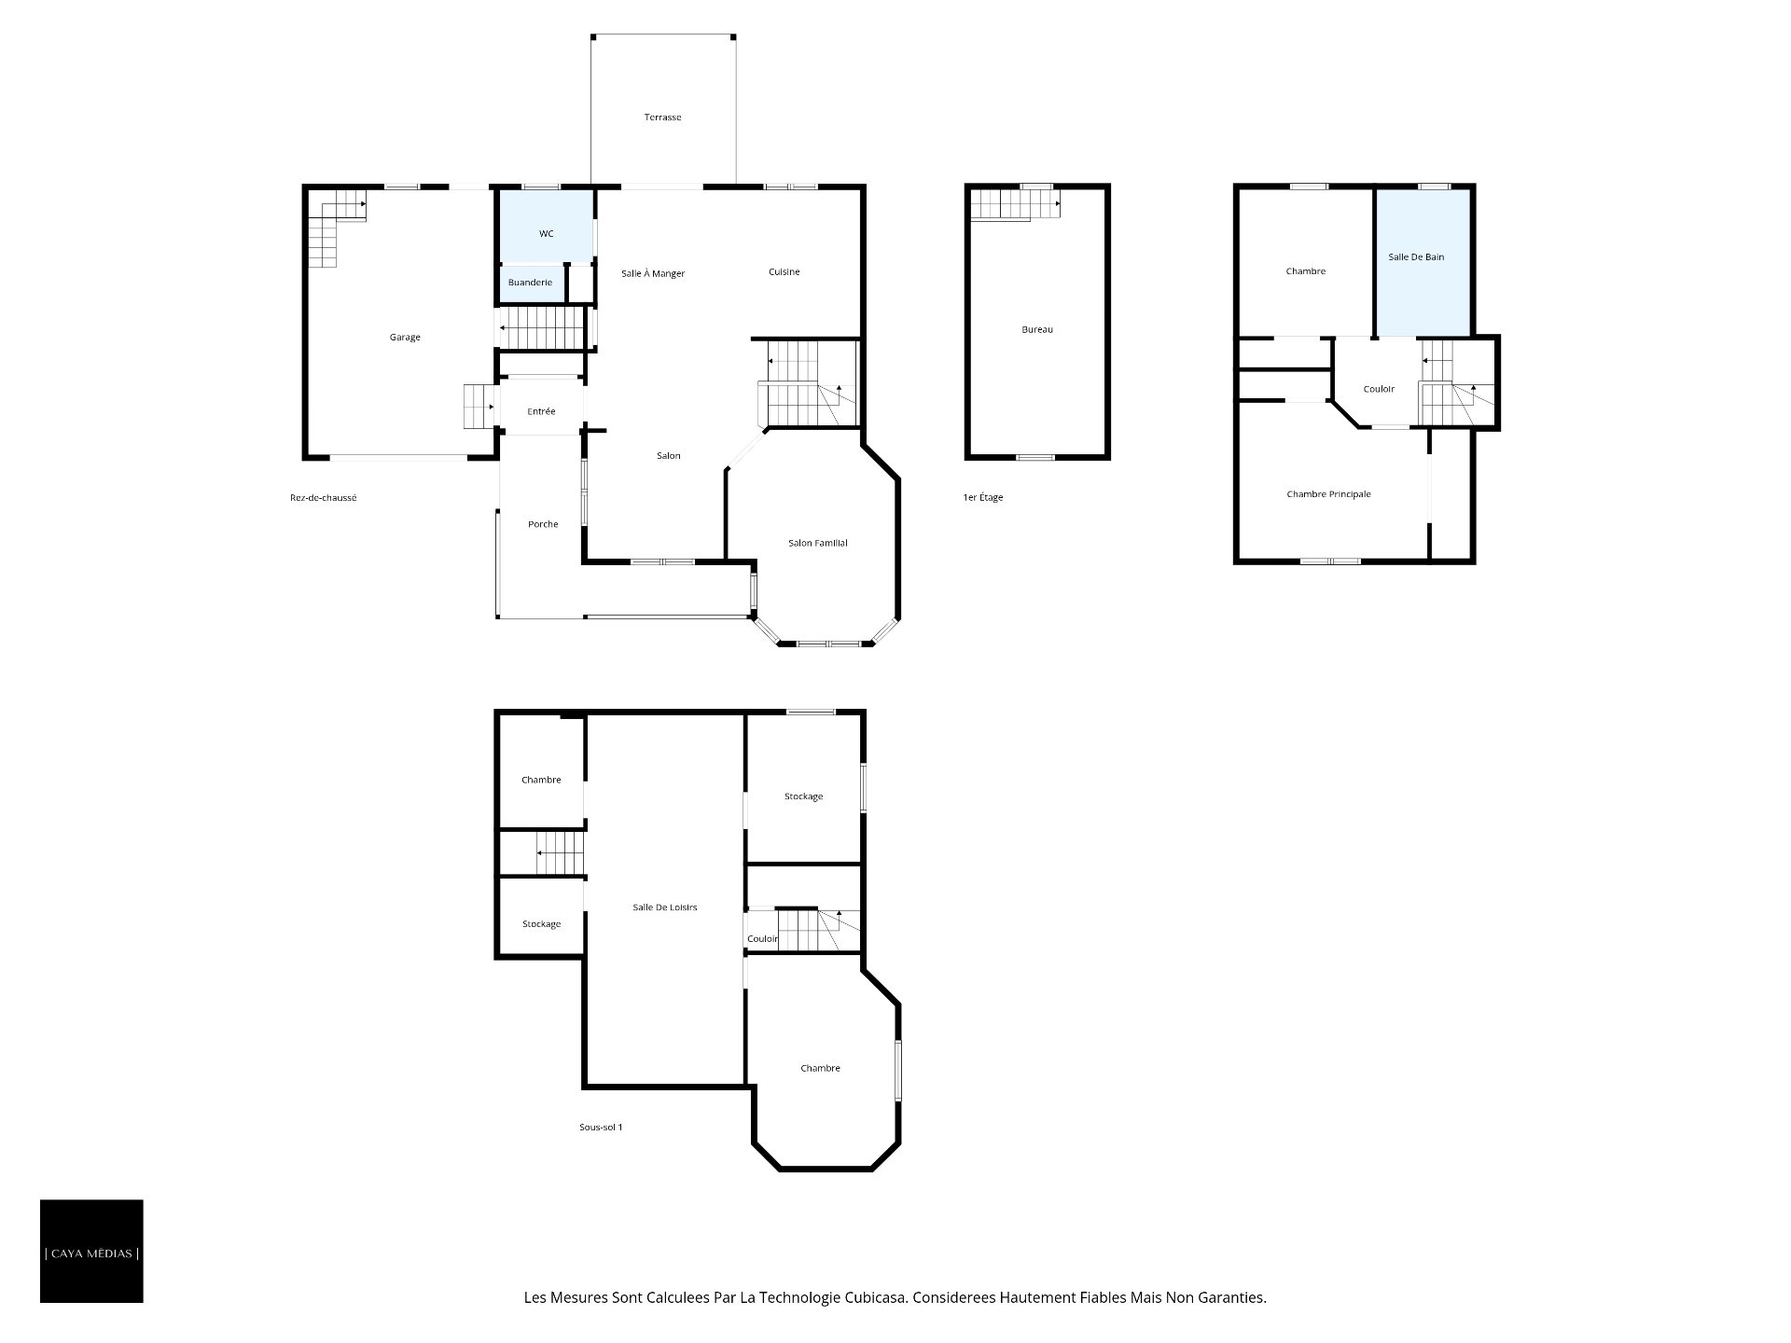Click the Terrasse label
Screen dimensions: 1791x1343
coord(662,118)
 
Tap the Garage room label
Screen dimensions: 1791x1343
coord(405,338)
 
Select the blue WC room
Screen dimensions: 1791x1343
coord(547,227)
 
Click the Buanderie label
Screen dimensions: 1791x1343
coord(530,283)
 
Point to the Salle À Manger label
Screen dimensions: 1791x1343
coord(653,273)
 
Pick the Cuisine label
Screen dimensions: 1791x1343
coord(784,272)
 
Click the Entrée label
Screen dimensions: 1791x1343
coord(541,411)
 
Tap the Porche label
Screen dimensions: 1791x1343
coord(543,524)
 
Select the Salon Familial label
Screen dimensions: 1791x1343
coord(817,543)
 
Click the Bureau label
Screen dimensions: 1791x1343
coord(1037,329)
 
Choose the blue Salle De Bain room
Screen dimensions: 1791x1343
coord(1423,263)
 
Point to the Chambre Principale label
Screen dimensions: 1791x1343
coord(1328,494)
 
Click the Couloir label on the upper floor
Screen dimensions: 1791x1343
coord(1379,389)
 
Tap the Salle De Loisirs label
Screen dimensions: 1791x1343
coord(664,907)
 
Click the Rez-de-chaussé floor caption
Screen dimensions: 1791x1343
coord(323,498)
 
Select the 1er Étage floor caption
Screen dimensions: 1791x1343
coord(983,498)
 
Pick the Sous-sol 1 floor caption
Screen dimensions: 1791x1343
coord(601,1128)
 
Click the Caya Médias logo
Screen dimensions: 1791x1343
coord(91,1252)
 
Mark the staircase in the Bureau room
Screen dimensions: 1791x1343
coord(1015,204)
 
